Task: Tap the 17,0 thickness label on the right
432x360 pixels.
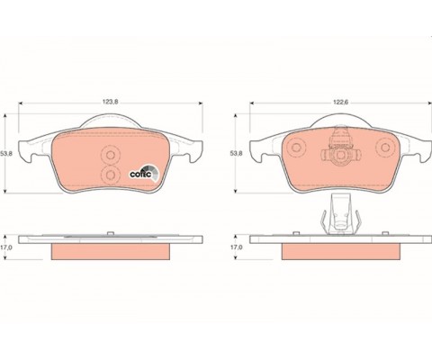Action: (x=238, y=245)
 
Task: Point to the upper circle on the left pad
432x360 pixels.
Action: (x=112, y=153)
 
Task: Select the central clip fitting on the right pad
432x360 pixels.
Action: (x=339, y=153)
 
